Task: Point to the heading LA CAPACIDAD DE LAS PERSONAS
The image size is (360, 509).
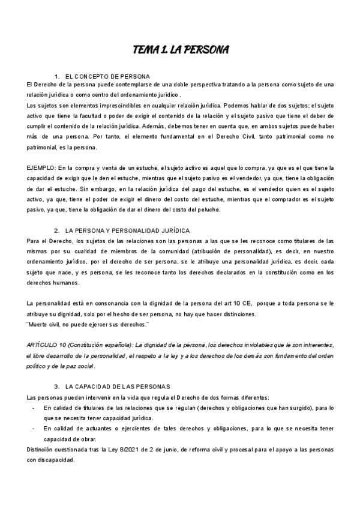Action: pos(118,369)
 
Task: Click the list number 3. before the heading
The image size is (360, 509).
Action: pos(56,369)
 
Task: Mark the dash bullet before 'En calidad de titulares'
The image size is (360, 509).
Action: pos(32,391)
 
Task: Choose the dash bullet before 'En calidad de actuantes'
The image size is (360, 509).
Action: pos(32,412)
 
